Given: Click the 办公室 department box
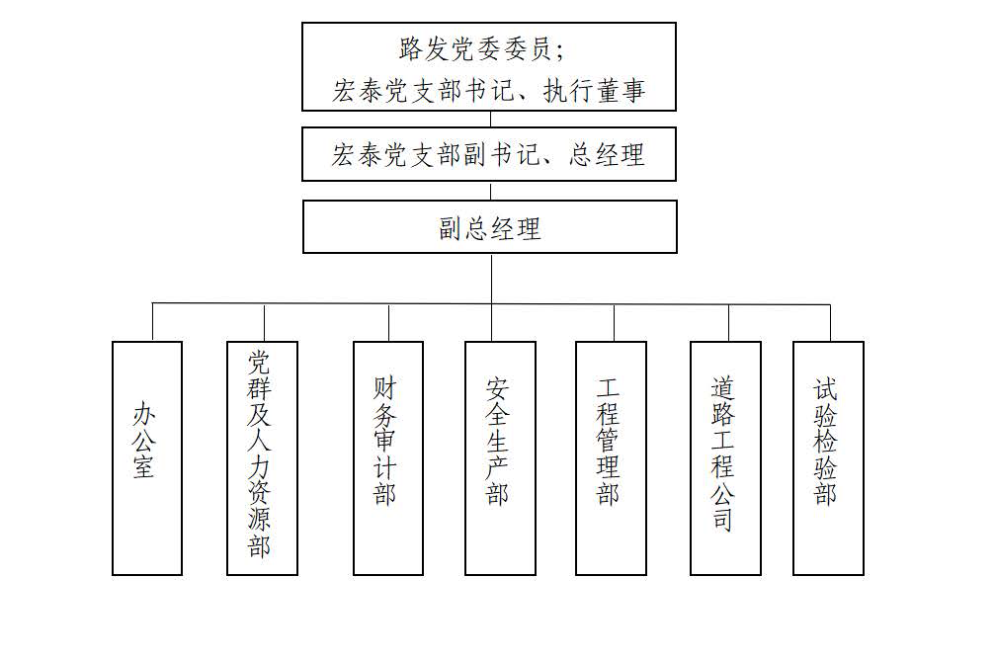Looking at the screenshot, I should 147,457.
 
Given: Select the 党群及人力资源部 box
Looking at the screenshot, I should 262,457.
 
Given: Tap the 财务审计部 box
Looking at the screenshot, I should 388,457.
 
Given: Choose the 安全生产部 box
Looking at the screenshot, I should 500,457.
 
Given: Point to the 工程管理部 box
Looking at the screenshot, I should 611,457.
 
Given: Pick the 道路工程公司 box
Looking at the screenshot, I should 725,457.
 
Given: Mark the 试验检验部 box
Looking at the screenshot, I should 828,457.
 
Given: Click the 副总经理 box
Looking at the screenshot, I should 490,227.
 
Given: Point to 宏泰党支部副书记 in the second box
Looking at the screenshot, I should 434,154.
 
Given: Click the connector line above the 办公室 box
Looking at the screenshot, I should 153,322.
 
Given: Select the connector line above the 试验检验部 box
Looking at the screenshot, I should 830,322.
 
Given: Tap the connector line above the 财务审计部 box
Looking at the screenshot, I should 388,322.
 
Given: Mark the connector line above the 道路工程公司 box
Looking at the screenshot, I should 728,322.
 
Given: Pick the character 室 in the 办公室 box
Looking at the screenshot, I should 144,465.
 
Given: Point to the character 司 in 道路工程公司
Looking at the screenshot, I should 723,519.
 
